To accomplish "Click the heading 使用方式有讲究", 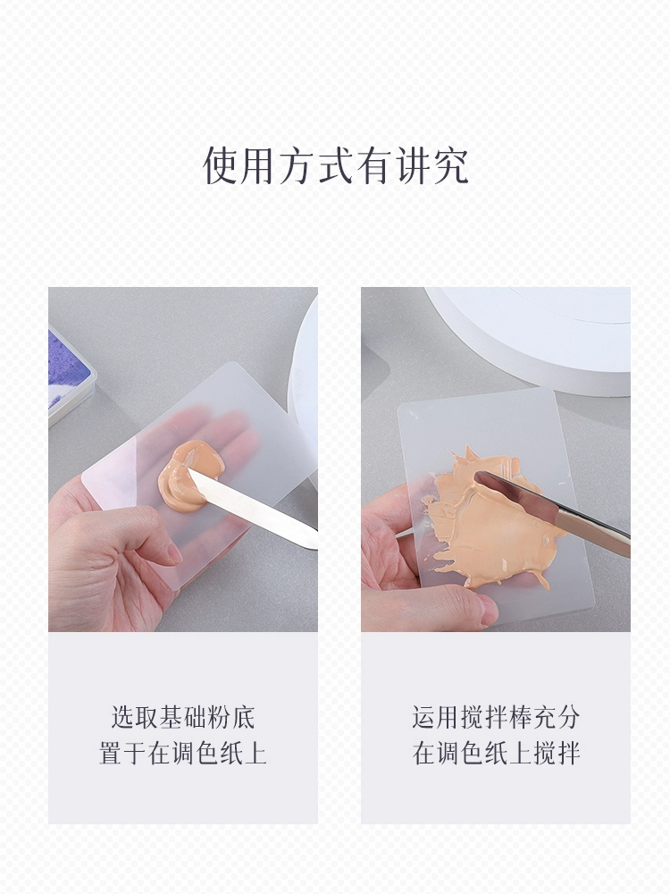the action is tap(336, 166).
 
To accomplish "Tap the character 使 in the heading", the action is tap(222, 166).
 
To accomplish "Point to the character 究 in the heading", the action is tap(450, 166).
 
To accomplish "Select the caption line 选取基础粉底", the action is tap(183, 717).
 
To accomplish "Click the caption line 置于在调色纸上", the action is tap(183, 753).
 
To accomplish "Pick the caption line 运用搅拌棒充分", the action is tap(496, 717).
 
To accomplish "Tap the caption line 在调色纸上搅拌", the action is tap(496, 753).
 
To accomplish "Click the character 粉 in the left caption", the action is tap(220, 717).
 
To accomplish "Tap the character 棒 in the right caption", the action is tap(520, 717).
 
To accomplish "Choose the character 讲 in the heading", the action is tap(412, 166).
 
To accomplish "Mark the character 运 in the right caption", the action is tap(423, 717).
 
